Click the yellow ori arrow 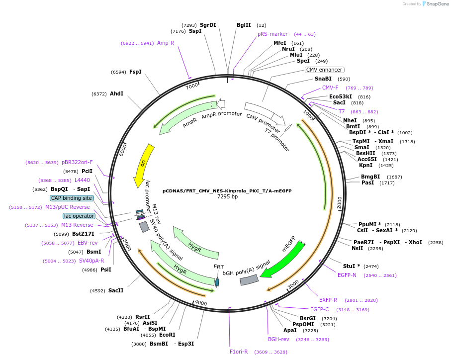(143, 166)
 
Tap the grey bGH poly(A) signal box (249, 280)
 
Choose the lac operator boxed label (79, 216)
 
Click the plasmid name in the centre (227, 190)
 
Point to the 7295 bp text (227, 197)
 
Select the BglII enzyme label (244, 25)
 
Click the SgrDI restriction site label (208, 25)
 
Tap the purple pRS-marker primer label (272, 34)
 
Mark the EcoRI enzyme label (167, 335)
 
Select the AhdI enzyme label (116, 93)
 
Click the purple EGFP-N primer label (347, 275)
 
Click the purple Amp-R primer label (166, 43)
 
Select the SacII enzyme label (116, 290)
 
